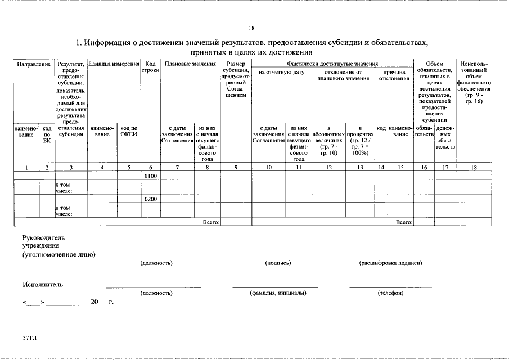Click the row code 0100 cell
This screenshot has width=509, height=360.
tap(150, 176)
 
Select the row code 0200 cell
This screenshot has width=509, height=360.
tap(150, 199)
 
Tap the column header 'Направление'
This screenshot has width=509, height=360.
tap(34, 64)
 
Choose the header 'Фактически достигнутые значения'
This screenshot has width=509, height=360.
tap(332, 64)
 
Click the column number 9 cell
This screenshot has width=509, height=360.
tap(236, 167)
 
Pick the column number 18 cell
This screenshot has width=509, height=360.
tap(474, 167)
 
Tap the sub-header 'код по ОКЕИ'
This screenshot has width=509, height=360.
tap(129, 131)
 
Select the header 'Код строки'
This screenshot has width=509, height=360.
tap(150, 67)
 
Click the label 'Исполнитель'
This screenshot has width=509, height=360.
tap(43, 284)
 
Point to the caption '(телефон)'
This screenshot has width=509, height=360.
tap(390, 293)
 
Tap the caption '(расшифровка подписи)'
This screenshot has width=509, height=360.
tap(390, 263)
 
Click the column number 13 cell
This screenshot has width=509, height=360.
tap(360, 167)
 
